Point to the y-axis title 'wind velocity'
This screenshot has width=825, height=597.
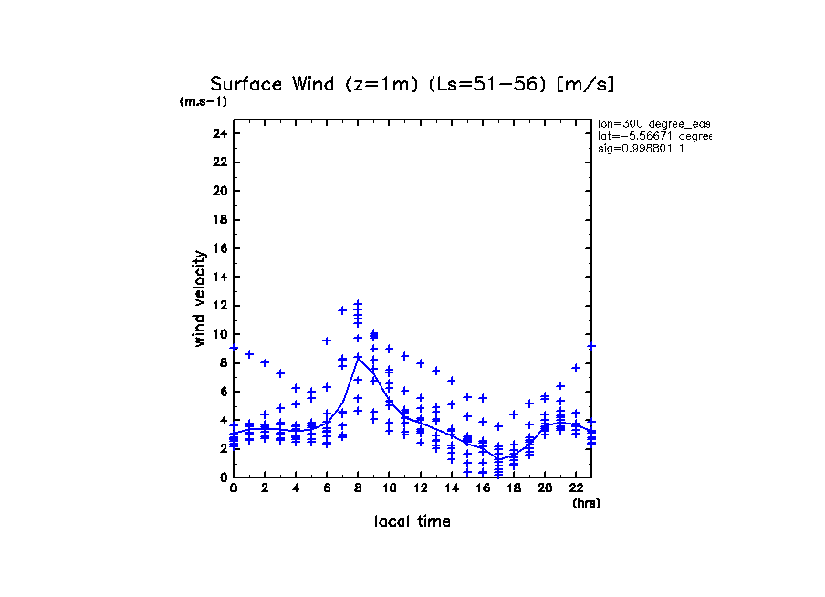pyautogui.click(x=200, y=298)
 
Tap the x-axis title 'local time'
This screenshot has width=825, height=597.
pyautogui.click(x=412, y=521)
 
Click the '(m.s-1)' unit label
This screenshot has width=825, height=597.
pyautogui.click(x=203, y=102)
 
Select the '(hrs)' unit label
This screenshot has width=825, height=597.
pyautogui.click(x=586, y=502)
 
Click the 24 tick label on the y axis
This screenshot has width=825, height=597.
pyautogui.click(x=219, y=133)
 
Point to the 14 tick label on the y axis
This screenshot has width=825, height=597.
pyautogui.click(x=219, y=277)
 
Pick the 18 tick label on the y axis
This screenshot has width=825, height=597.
pyautogui.click(x=219, y=219)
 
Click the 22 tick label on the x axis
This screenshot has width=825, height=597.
pyautogui.click(x=576, y=488)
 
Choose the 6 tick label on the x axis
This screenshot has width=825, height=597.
pyautogui.click(x=327, y=488)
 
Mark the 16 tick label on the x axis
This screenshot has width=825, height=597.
pyautogui.click(x=483, y=488)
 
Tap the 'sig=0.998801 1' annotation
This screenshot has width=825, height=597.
pyautogui.click(x=641, y=148)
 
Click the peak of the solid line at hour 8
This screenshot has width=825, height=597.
pyautogui.click(x=358, y=357)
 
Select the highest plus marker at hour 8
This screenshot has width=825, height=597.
pyautogui.click(x=358, y=303)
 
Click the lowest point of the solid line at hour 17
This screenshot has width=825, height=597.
pyautogui.click(x=498, y=459)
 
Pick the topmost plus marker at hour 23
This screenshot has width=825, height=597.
pyautogui.click(x=591, y=346)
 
